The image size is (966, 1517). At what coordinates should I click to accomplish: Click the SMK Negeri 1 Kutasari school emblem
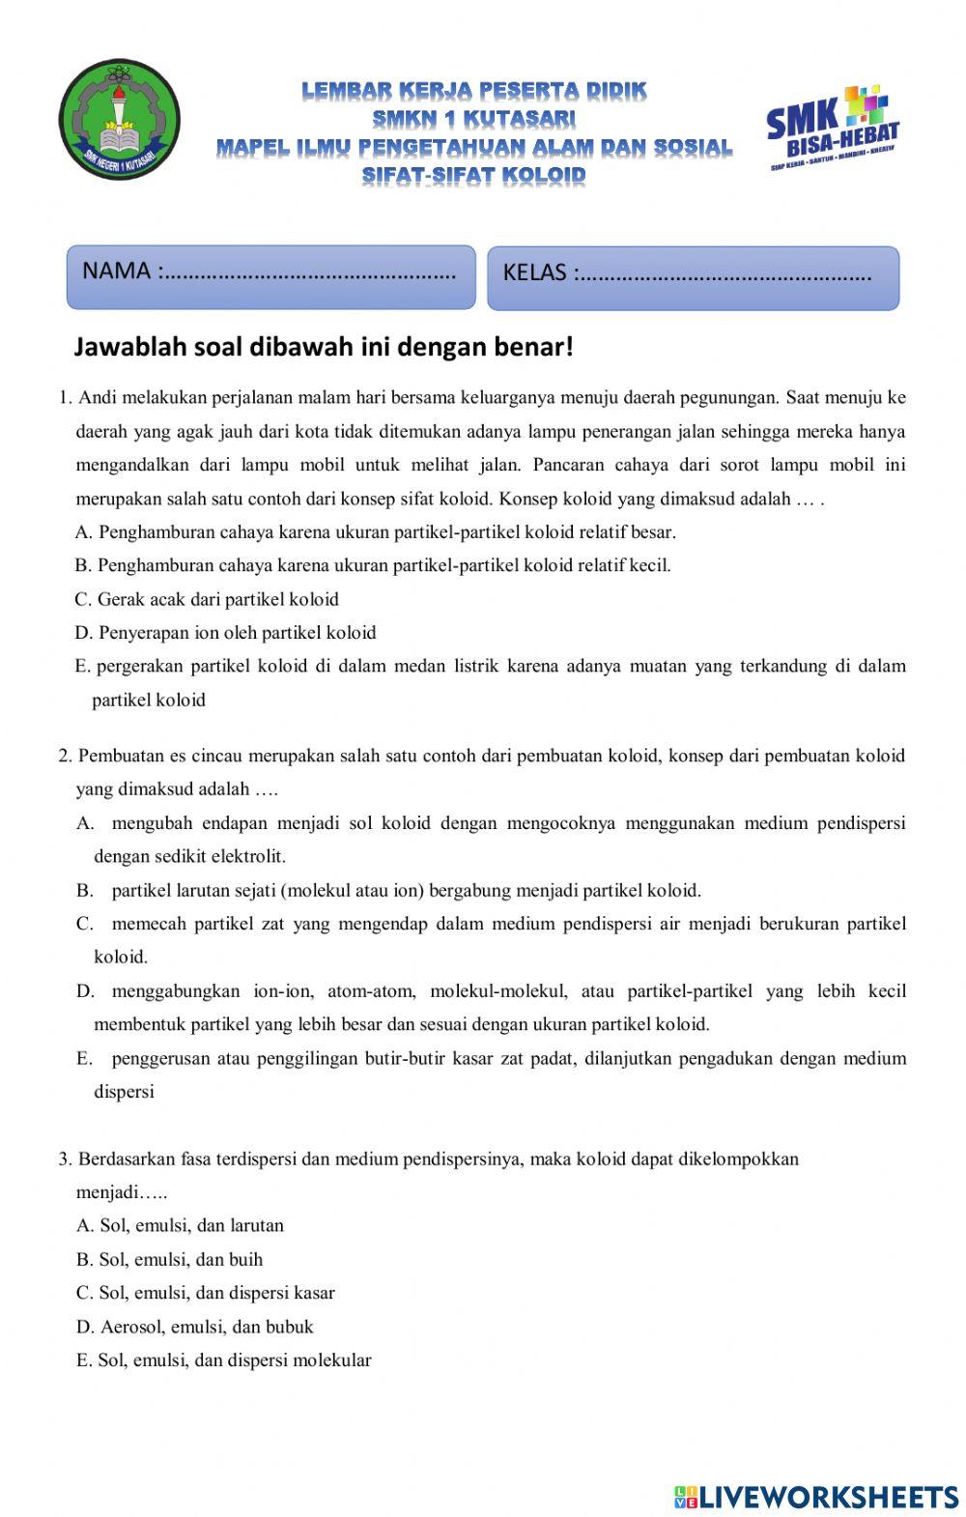[119, 120]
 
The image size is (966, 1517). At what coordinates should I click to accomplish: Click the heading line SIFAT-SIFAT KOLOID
[473, 175]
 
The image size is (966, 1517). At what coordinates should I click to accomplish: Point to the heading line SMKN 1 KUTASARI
[473, 118]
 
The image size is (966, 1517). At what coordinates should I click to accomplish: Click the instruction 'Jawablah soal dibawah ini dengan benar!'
[324, 347]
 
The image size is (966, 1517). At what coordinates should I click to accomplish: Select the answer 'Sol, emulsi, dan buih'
[169, 1259]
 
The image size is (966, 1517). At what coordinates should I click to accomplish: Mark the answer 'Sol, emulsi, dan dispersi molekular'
[223, 1360]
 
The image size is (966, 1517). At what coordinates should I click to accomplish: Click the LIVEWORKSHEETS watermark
[816, 1497]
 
